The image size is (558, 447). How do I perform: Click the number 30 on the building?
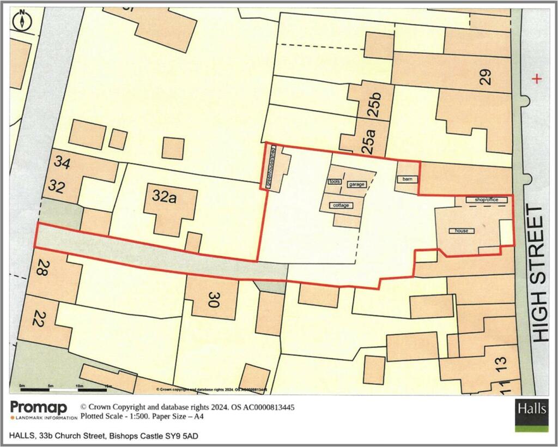pos(213,299)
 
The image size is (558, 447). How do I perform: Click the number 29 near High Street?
pos(486,77)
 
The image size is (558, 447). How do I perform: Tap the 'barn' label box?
pos(406,179)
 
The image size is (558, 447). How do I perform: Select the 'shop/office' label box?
pos(487,200)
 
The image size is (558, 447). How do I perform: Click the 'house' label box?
pos(462,231)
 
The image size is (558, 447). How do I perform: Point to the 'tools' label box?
pos(334,182)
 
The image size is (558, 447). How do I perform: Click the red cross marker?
pos(538,80)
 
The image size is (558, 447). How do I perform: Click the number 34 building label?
pos(62,162)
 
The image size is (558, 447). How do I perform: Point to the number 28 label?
pos(41,267)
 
